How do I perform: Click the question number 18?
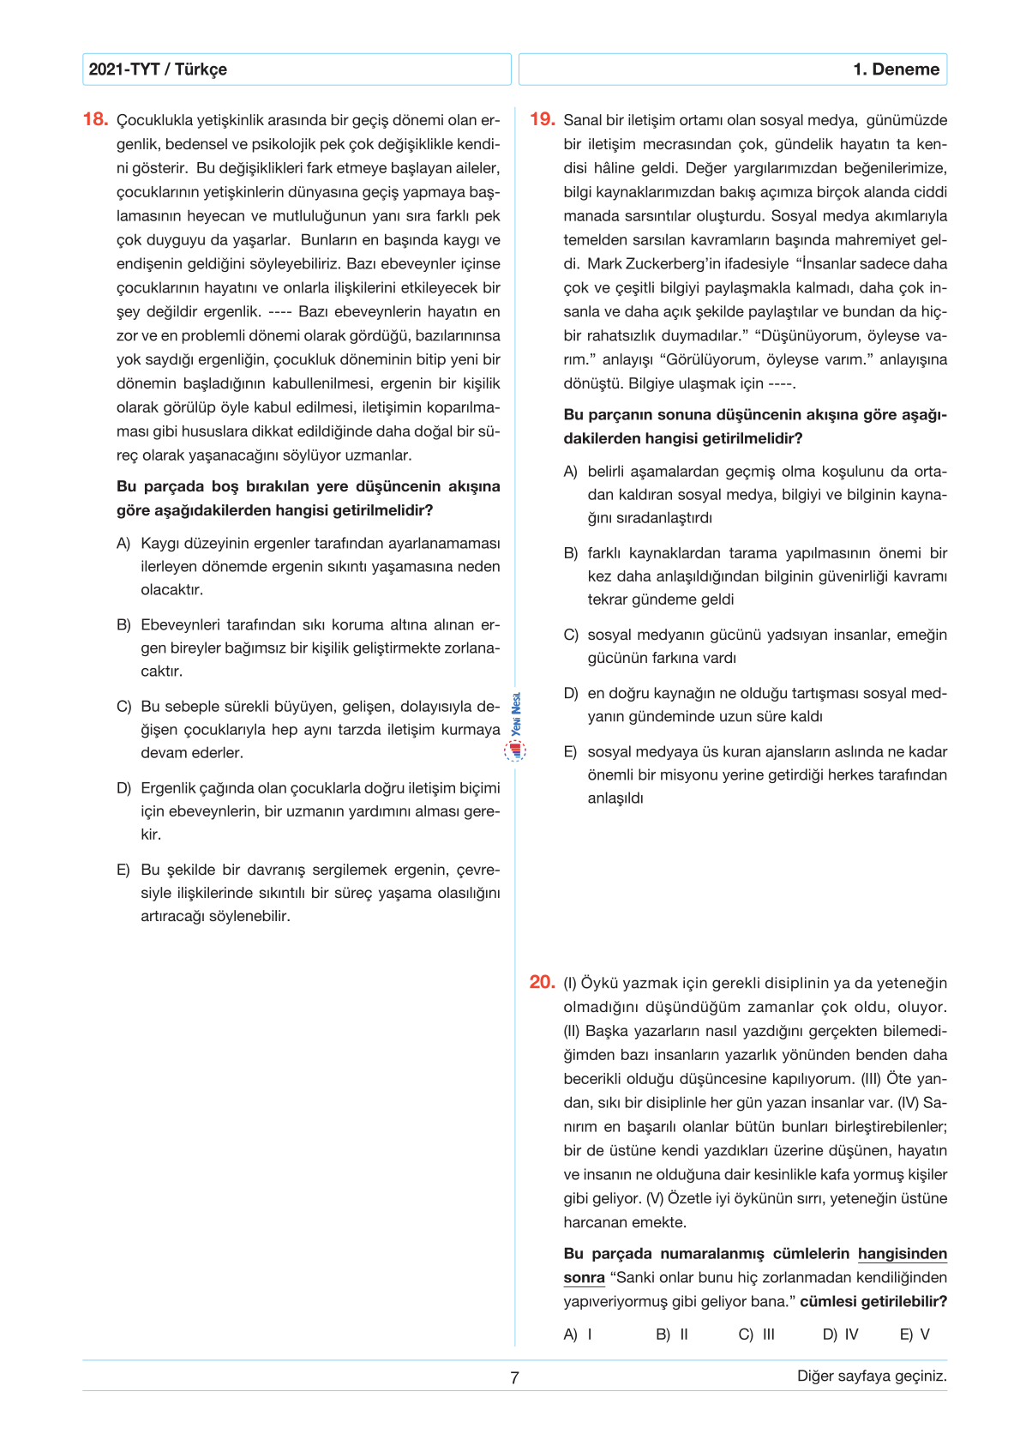[95, 119]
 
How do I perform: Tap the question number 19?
[543, 119]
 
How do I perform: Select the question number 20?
[543, 982]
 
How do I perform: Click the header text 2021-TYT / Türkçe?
[158, 69]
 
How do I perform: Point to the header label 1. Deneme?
[896, 69]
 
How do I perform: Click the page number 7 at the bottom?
[514, 1377]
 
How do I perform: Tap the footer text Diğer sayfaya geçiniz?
[872, 1376]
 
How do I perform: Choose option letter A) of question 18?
[123, 544]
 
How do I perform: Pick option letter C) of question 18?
[123, 707]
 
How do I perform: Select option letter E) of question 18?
[123, 870]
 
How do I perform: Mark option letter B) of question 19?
[571, 553]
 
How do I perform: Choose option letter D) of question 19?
[571, 693]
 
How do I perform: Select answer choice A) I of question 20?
[578, 1335]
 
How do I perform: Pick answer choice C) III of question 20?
[756, 1335]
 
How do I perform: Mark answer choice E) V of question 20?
[915, 1335]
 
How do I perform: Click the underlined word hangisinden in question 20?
[903, 1254]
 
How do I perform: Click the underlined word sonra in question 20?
[584, 1278]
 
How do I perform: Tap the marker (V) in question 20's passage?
[655, 1199]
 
